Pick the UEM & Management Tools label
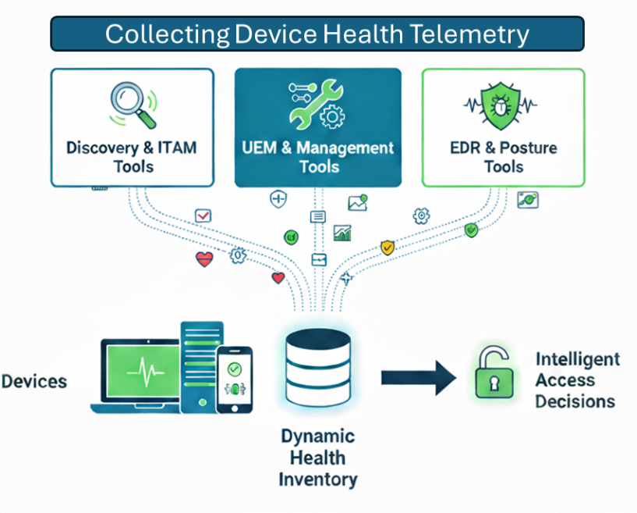click(x=318, y=156)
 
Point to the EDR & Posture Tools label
click(x=503, y=156)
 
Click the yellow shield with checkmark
click(x=388, y=248)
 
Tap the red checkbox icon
click(x=203, y=216)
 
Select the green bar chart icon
click(x=342, y=233)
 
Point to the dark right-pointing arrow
click(x=418, y=378)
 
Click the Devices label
click(x=34, y=382)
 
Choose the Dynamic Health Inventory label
click(x=318, y=458)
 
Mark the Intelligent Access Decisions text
click(x=577, y=380)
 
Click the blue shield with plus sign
click(x=278, y=199)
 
